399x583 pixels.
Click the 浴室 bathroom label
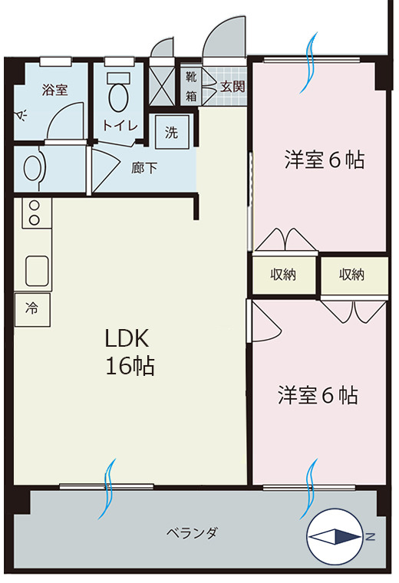coord(54,90)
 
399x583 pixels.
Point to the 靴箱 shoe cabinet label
coord(190,86)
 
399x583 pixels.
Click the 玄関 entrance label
coord(232,87)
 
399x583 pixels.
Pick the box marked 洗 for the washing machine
coord(171,131)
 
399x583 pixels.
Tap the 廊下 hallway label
coord(144,167)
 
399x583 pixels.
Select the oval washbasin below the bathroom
coord(33,167)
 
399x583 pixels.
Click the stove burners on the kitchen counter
coord(34,213)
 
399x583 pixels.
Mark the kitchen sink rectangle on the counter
coord(37,270)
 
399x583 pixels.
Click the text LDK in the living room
coord(130,338)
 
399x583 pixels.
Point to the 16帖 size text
coord(130,367)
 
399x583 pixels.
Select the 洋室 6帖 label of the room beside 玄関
coord(324,160)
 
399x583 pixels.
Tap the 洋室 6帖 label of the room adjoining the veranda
coord(318,396)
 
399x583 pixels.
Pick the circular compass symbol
coord(334,536)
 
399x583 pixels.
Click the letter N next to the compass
coord(370,536)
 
